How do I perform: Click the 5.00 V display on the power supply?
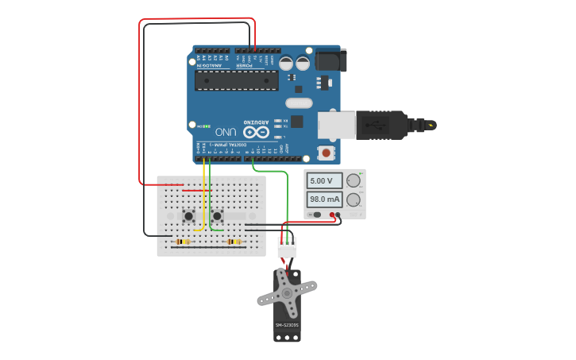click(324, 181)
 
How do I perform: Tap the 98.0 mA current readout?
click(324, 199)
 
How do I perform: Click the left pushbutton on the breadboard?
click(188, 215)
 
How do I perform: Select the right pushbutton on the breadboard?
click(217, 215)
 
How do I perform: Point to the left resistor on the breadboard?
click(183, 242)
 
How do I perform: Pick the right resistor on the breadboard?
click(234, 242)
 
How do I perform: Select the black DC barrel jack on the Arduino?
click(331, 60)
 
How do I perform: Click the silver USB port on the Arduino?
click(337, 126)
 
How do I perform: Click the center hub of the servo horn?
click(287, 293)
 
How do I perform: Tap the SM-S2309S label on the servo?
click(287, 325)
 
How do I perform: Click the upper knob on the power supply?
click(354, 180)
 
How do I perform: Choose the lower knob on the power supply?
click(354, 199)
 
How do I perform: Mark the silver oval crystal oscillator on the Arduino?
click(299, 103)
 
